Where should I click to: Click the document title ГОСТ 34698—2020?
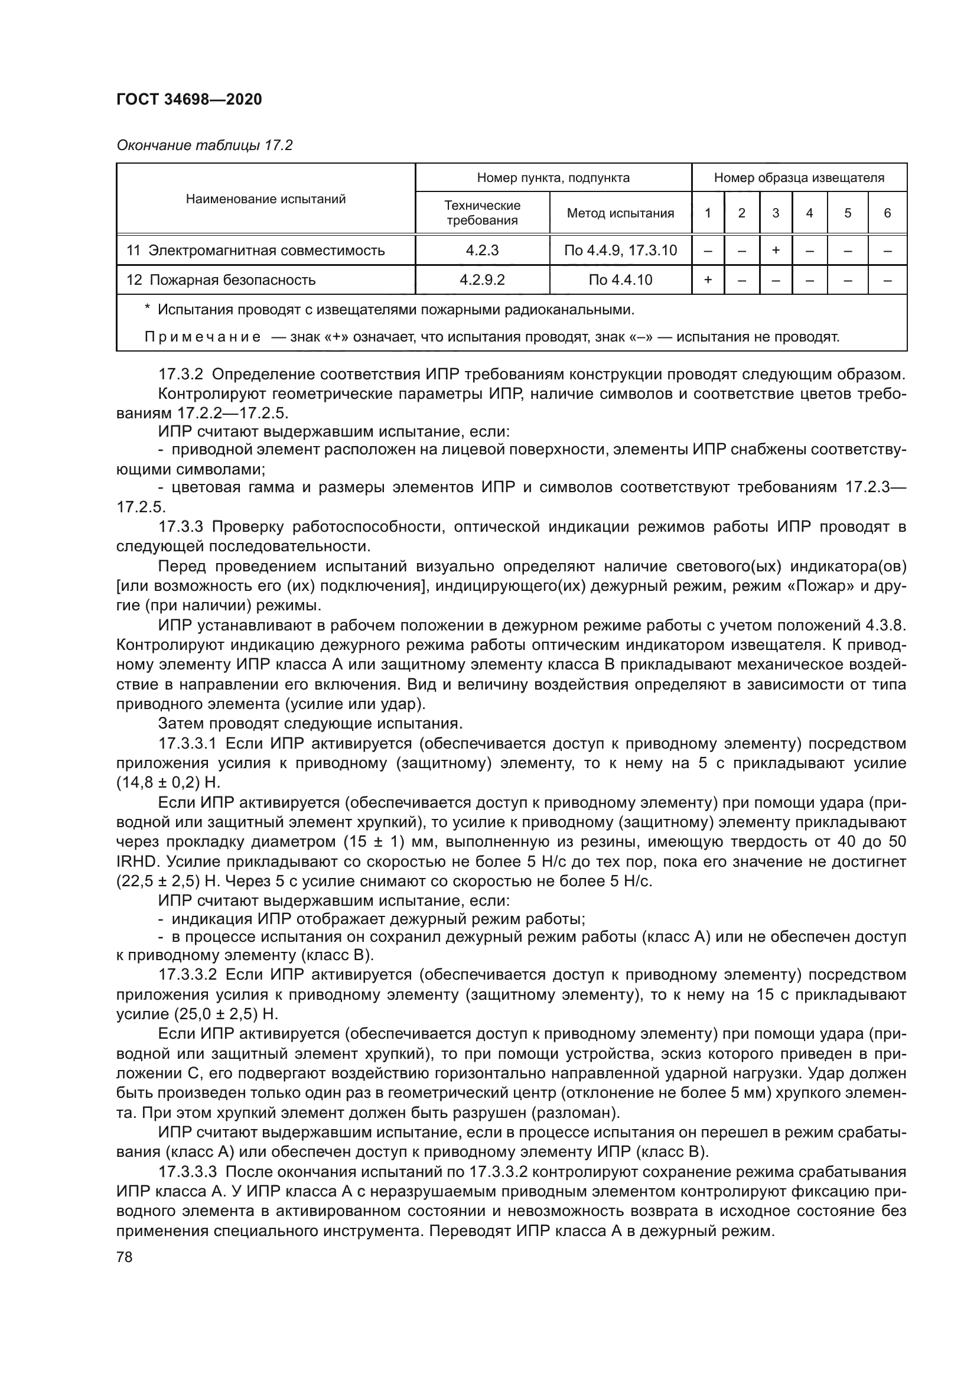(189, 99)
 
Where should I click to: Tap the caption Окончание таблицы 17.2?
(204, 145)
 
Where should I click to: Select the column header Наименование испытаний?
(265, 199)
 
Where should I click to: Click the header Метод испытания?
(620, 213)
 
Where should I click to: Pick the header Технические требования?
(482, 213)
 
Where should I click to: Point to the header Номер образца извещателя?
(799, 178)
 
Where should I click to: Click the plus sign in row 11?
(776, 251)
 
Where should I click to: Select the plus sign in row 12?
(708, 280)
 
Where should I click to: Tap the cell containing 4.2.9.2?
(482, 280)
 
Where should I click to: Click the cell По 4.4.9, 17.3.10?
(620, 251)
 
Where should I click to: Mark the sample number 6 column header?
(887, 213)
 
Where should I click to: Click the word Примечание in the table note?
(202, 337)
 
